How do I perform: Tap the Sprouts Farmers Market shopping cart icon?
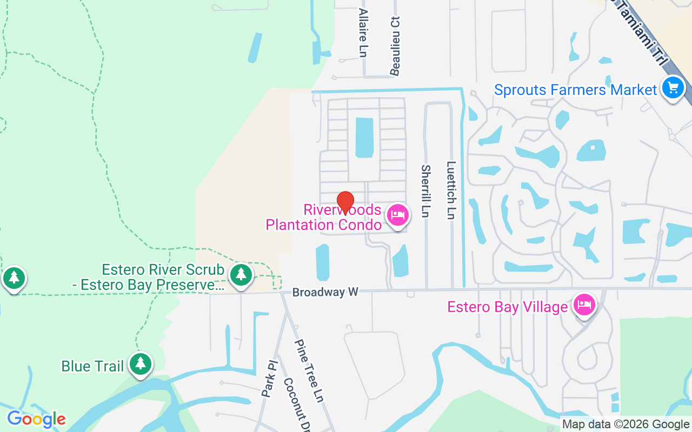673,87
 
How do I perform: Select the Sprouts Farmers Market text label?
575,90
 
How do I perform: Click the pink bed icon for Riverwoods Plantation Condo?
398,215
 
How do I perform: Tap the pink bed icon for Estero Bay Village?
584,305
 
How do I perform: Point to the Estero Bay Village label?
507,307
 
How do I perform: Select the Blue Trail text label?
92,366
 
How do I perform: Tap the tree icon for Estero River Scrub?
241,275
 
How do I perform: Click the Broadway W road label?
325,292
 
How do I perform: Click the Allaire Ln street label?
363,32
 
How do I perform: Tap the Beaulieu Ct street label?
395,46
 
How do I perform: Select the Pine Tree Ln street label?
309,370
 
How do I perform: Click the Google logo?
36,418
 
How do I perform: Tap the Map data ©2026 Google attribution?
626,424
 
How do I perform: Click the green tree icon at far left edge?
14,278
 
